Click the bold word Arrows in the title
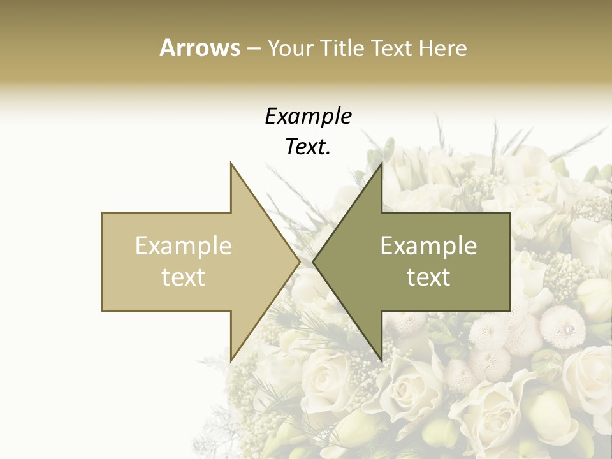200,48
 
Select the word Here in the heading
442,48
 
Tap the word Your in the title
289,48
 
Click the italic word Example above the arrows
308,116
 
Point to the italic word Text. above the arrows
308,147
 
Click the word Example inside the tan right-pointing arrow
183,245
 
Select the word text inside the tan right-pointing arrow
183,277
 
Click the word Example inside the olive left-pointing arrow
428,245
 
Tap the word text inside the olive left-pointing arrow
428,277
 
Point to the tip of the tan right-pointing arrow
299,262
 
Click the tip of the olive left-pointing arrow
314,262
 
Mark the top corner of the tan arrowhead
231,164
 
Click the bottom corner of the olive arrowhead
381,360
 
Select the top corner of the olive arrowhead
381,164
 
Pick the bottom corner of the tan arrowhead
231,360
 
